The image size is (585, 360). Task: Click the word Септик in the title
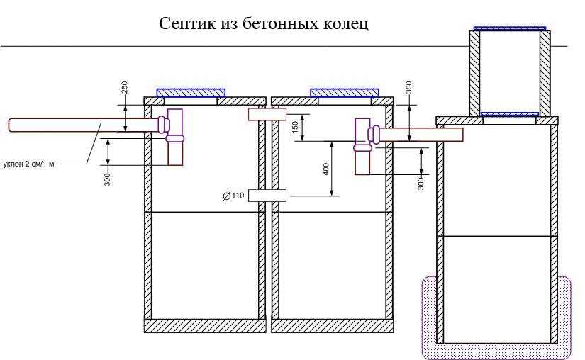point(187,23)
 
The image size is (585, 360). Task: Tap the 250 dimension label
point(125,88)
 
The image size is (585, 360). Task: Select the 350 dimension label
point(408,88)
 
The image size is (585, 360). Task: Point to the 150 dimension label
point(295,127)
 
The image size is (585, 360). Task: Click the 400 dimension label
point(325,169)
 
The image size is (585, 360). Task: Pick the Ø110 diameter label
point(233,196)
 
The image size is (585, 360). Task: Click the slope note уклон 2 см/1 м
point(29,164)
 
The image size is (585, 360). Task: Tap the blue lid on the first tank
point(191,93)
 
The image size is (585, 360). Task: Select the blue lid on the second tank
point(345,93)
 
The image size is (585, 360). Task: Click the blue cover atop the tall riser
point(510,28)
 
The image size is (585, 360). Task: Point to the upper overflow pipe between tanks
point(267,115)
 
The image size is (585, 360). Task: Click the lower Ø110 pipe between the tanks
point(267,196)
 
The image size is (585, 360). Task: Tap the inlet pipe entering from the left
point(83,125)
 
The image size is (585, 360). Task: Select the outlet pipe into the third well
point(420,134)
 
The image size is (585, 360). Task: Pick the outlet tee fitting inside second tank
point(364,147)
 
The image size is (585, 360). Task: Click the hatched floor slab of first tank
point(205,326)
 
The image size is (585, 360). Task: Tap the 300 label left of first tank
point(108,179)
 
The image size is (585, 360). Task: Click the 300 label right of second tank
point(421,183)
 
